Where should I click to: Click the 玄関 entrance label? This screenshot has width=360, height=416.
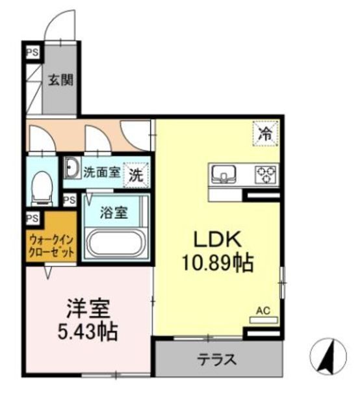pyautogui.click(x=60, y=81)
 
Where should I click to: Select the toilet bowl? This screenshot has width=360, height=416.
pyautogui.click(x=43, y=185)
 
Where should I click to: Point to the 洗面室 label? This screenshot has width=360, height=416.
pyautogui.click(x=101, y=173)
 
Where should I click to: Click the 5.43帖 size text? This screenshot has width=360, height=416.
pyautogui.click(x=88, y=333)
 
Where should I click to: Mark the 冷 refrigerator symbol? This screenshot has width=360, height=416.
pyautogui.click(x=265, y=135)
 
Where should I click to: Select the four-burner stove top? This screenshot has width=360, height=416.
pyautogui.click(x=265, y=173)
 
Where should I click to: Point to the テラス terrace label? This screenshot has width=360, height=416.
pyautogui.click(x=217, y=359)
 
